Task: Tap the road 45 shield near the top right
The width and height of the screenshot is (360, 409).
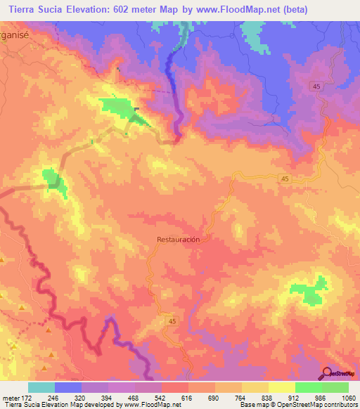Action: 316,86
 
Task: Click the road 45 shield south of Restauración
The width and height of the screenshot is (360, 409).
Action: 173,320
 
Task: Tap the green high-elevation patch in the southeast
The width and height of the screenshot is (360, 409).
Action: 309,291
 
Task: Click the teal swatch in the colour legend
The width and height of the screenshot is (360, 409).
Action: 41,387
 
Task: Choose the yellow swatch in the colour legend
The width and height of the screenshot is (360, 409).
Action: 282,387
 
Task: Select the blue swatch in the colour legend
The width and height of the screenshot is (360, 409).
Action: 68,387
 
